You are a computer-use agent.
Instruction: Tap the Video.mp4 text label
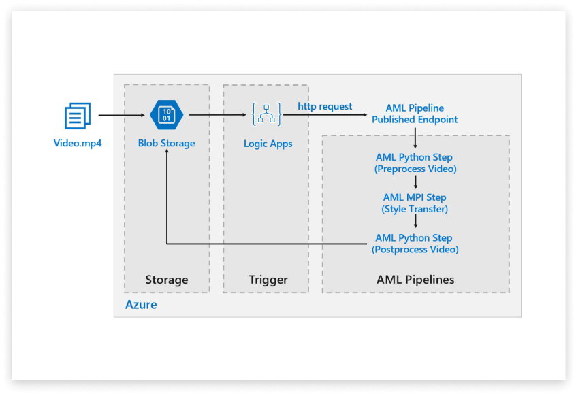[x=78, y=144]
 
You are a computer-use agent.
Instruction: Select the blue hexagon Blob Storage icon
[x=166, y=115]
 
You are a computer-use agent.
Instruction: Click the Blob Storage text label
[x=166, y=144]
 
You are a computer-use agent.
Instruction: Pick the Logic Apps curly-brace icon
[x=266, y=115]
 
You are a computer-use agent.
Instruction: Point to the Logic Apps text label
[x=268, y=144]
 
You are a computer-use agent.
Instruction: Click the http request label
[x=325, y=107]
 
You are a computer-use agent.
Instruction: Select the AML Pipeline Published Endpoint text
[x=415, y=114]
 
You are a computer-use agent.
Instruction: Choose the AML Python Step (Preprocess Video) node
[x=415, y=163]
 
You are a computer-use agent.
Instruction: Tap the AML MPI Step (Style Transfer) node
[x=415, y=203]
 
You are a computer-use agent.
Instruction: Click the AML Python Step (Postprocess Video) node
[x=415, y=244]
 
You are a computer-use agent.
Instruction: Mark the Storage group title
[x=166, y=280]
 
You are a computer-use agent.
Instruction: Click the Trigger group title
[x=269, y=280]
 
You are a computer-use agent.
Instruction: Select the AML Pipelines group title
[x=415, y=280]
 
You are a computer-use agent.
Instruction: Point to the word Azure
[x=141, y=305]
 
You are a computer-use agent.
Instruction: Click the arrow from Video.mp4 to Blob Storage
[x=123, y=116]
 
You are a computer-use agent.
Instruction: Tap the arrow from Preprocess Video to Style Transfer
[x=415, y=183]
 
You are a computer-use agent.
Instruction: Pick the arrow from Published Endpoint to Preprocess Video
[x=415, y=139]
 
